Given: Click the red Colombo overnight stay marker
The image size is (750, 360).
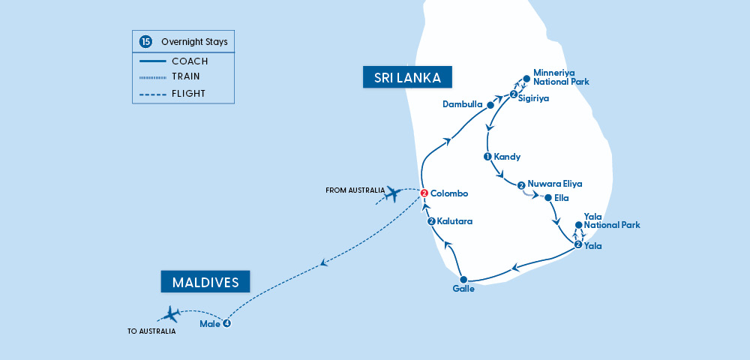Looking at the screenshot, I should click(424, 193).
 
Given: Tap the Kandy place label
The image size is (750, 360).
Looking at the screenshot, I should click(507, 157).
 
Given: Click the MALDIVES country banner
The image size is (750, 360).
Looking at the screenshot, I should click(205, 282).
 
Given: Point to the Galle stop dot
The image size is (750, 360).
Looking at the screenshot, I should click(463, 279).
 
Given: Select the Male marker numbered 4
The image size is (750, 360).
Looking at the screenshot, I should click(226, 324).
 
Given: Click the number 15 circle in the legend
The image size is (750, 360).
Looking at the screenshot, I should click(145, 43).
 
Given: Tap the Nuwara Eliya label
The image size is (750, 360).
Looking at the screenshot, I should click(555, 184).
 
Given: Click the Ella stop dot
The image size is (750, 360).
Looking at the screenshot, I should click(547, 199).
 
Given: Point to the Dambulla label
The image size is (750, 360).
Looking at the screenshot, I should click(462, 104).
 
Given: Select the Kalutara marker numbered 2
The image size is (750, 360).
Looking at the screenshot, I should click(431, 221).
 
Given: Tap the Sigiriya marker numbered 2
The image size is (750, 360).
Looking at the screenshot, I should click(513, 94).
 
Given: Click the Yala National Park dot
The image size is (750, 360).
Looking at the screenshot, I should click(578, 225).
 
